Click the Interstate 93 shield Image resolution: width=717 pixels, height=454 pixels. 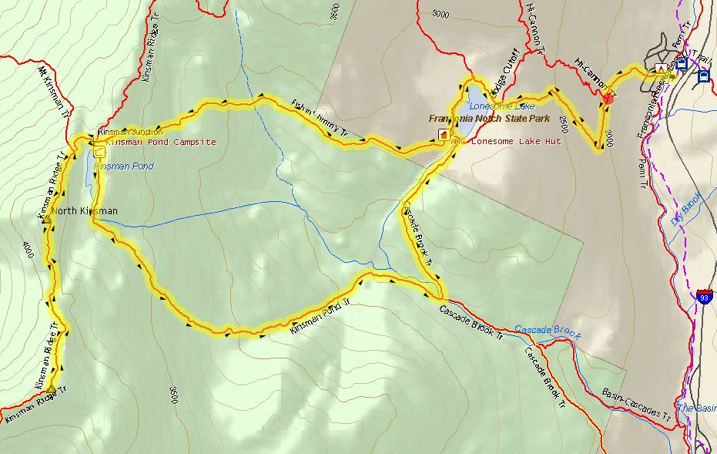pyautogui.click(x=703, y=295)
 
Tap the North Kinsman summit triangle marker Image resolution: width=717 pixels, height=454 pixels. pyautogui.click(x=48, y=220)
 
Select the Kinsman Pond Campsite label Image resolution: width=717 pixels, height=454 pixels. pyautogui.click(x=161, y=143)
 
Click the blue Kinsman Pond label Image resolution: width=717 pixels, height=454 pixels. pyautogui.click(x=123, y=166)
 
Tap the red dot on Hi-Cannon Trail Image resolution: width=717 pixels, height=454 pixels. pyautogui.click(x=608, y=97)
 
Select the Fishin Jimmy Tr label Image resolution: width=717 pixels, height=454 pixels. pyautogui.click(x=320, y=120)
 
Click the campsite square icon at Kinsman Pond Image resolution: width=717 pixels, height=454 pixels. pyautogui.click(x=99, y=152)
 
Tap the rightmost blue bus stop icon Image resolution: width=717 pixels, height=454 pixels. pyautogui.click(x=703, y=76)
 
